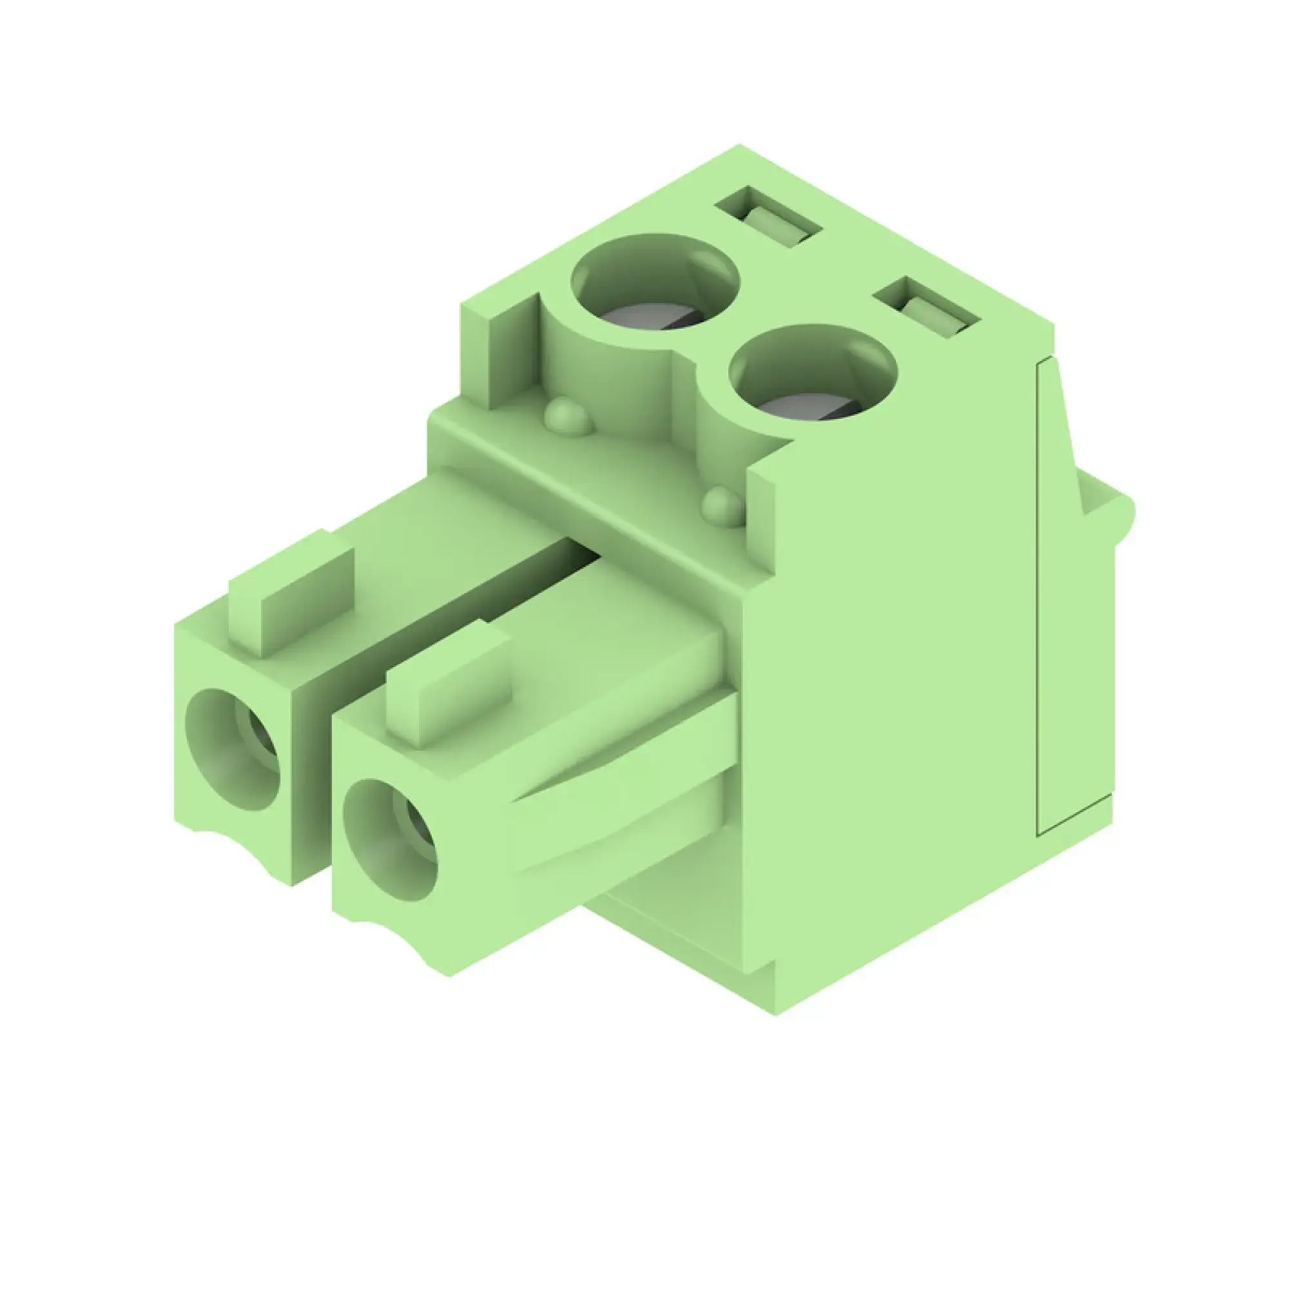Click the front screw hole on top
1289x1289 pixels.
pos(813,374)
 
